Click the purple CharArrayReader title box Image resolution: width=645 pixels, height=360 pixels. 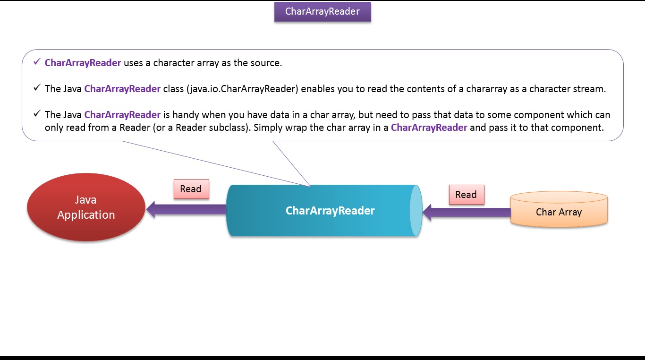click(322, 12)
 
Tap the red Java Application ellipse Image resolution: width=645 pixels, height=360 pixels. click(86, 207)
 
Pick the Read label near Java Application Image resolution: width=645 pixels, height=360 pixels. click(191, 189)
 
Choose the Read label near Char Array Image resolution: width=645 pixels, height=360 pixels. click(466, 195)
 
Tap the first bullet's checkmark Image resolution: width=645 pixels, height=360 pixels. click(37, 62)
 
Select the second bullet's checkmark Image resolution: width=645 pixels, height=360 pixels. click(37, 88)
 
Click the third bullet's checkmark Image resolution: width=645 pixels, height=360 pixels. click(37, 114)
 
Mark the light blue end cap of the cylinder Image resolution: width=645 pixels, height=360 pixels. click(416, 211)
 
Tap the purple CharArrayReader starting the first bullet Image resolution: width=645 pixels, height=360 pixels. click(83, 63)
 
